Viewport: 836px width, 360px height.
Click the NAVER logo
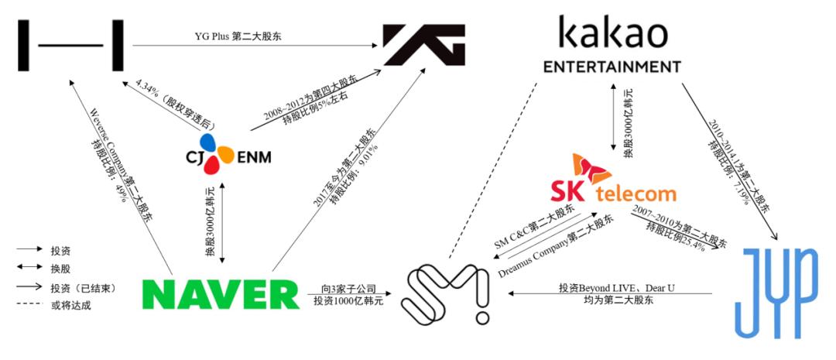[x=221, y=293]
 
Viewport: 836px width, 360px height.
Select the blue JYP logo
[x=775, y=293]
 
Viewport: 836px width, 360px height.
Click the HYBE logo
[x=72, y=44]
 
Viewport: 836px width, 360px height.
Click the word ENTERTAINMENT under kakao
[x=612, y=65]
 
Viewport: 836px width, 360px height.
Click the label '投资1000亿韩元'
[x=344, y=300]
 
